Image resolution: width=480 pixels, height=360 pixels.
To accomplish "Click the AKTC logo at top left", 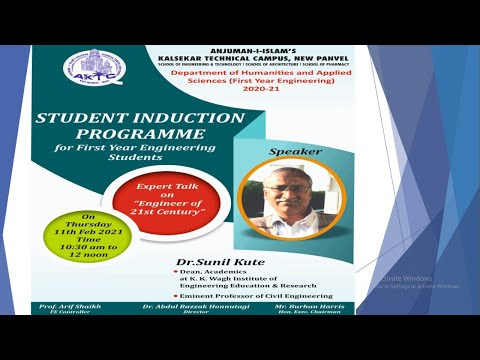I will coord(88,69).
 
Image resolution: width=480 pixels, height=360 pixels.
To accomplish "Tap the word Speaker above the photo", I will coord(288,153).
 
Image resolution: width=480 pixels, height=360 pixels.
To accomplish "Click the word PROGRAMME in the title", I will coord(140,133).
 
